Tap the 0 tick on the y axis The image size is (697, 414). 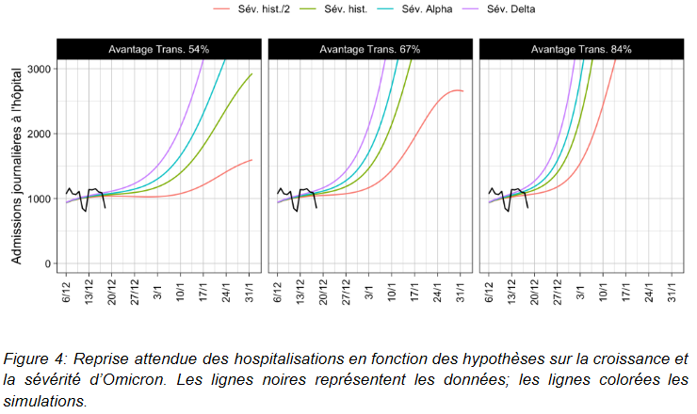click(47, 263)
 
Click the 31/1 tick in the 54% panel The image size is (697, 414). click(251, 292)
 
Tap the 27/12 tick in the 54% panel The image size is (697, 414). click(136, 292)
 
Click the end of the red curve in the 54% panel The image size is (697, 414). click(251, 160)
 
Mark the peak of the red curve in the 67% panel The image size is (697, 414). click(456, 90)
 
